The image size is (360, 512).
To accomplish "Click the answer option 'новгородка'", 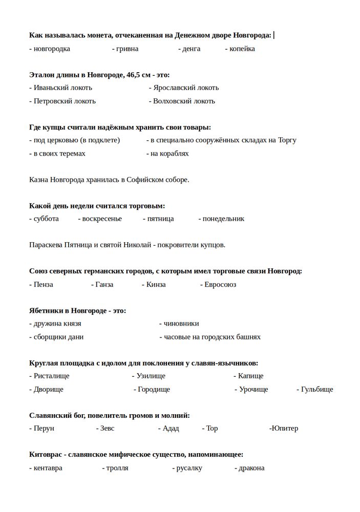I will (51, 49).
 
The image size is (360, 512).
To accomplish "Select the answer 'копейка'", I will (242, 49).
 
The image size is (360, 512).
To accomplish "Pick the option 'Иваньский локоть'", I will (62, 88).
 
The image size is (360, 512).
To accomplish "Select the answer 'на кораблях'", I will (170, 153).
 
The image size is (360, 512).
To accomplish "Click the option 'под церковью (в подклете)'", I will (76, 140).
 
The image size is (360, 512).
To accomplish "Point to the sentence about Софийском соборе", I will (109, 180).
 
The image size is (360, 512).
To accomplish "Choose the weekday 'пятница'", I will (160, 219).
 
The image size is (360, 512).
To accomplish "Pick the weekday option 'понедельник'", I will (223, 219).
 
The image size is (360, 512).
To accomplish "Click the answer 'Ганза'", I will (104, 284).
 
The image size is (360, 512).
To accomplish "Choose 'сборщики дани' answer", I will (58, 337).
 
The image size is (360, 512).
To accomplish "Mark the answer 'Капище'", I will (250, 376).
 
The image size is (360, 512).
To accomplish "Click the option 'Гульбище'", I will (317, 389).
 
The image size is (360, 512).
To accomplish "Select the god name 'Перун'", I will (44, 428).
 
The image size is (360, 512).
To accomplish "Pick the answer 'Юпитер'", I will (285, 428).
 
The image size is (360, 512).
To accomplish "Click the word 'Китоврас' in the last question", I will (46, 454).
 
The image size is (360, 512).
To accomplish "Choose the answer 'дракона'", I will (251, 467).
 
